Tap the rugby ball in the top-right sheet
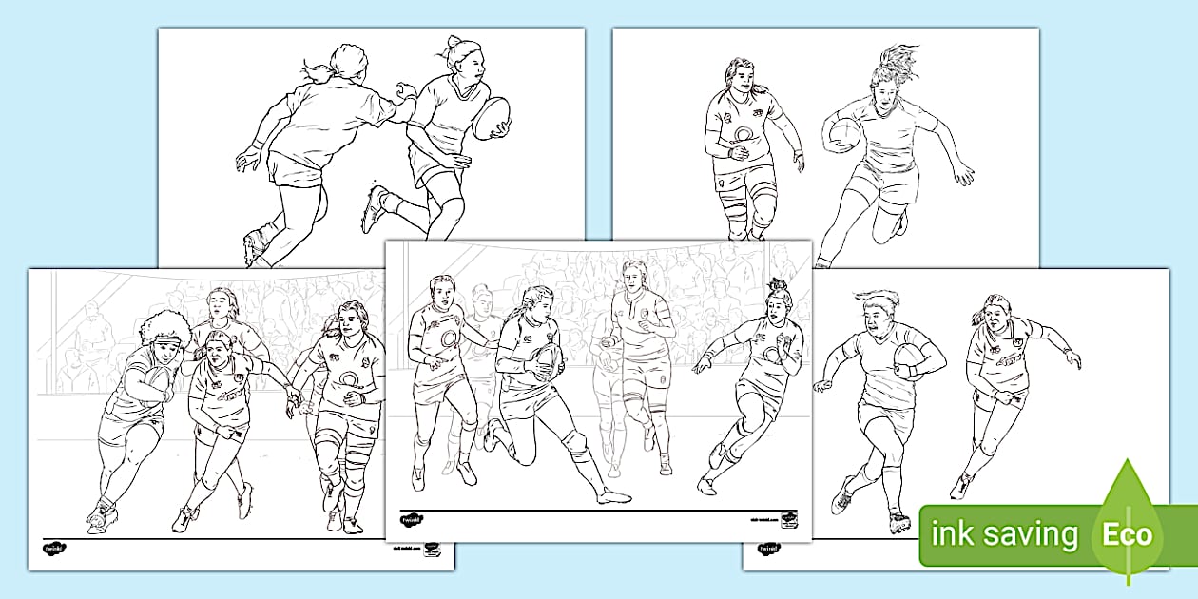(x=842, y=134)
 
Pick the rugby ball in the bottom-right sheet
(x=910, y=359)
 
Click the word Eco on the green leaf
(x=1128, y=534)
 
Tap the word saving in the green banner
(x=1031, y=535)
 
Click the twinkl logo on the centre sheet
(x=412, y=520)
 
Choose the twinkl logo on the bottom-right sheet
(x=768, y=549)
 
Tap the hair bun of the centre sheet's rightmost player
(x=780, y=284)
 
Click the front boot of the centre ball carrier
(x=614, y=495)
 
